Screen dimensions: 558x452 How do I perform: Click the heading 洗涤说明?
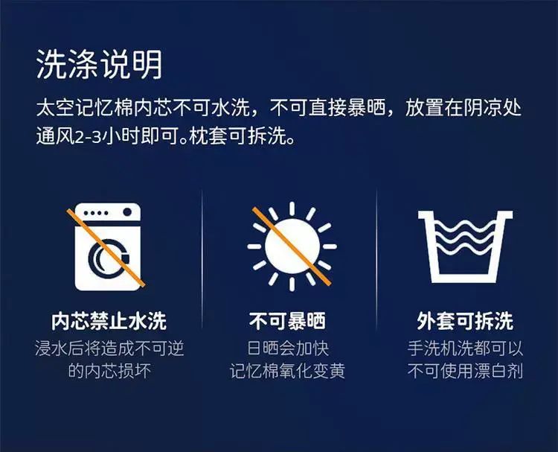point(99,64)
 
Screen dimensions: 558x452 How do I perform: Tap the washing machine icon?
point(108,246)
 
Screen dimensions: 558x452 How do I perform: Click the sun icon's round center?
point(292,246)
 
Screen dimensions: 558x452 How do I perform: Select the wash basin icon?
point(466,246)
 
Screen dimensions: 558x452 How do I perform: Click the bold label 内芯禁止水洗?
point(109,321)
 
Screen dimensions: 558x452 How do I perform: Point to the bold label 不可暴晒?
point(287,321)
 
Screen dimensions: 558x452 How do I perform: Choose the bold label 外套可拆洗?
point(465,321)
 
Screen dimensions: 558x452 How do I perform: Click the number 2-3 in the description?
point(89,137)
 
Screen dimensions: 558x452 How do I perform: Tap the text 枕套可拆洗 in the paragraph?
point(237,136)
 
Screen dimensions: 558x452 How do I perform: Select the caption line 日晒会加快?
point(287,348)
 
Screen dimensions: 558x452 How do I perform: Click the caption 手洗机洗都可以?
point(465,348)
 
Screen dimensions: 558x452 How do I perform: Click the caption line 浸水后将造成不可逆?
point(109,348)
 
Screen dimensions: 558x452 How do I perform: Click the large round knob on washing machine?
point(127,212)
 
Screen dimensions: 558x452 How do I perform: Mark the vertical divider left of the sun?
point(202,259)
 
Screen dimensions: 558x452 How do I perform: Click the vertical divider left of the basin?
point(376,259)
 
